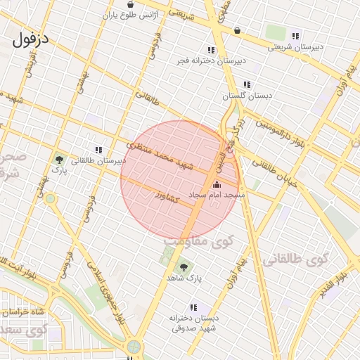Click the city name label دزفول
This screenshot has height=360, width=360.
pos(31,39)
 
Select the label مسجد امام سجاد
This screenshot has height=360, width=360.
pos(215,195)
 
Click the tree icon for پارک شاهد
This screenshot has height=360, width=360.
pos(184,267)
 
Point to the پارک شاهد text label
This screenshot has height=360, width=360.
pos(184,278)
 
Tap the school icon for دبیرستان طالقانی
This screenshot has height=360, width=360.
pos(98,150)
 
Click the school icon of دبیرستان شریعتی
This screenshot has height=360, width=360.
pos(295,36)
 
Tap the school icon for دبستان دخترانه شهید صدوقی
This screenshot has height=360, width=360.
pos(193,307)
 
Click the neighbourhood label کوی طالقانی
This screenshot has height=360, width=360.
pos(296,260)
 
